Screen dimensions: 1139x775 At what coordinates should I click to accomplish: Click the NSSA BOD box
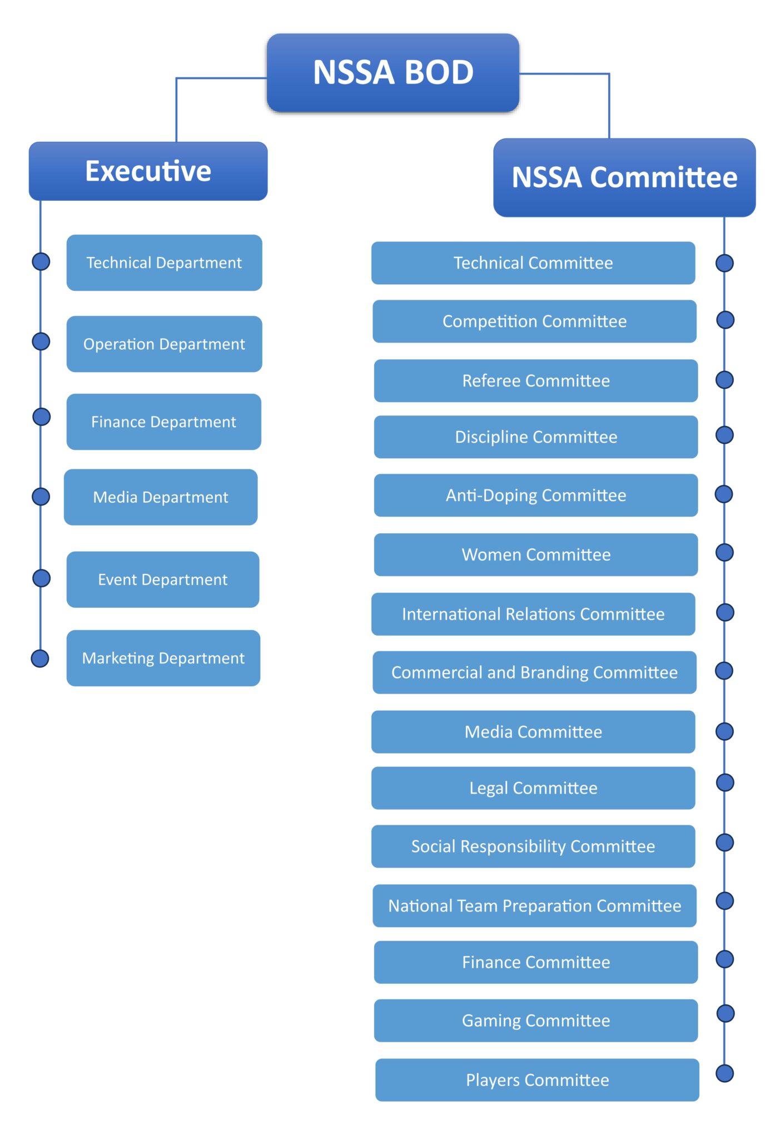[393, 73]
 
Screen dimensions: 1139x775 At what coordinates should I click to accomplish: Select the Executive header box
[148, 171]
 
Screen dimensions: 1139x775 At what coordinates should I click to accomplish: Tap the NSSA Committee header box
[624, 177]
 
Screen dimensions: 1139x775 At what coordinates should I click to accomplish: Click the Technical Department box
[164, 263]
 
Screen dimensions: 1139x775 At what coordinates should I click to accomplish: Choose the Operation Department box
[164, 344]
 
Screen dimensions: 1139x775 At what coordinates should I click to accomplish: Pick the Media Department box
[161, 497]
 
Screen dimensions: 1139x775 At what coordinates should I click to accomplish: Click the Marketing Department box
[163, 658]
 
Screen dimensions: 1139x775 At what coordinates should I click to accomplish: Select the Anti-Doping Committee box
[535, 495]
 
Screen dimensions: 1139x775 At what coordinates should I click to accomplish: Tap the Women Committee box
[535, 554]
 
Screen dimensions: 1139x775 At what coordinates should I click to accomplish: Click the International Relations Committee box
[533, 614]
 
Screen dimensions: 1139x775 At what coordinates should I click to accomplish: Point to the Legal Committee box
[533, 788]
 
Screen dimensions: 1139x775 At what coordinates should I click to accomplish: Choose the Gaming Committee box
[535, 1021]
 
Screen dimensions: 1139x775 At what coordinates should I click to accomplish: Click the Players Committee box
[536, 1080]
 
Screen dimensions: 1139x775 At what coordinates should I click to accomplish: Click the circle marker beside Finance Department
[41, 417]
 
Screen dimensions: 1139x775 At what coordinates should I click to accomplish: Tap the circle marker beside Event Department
[41, 578]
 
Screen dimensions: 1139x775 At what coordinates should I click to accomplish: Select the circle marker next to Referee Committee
[724, 380]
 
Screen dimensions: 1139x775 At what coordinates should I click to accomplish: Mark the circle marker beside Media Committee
[724, 731]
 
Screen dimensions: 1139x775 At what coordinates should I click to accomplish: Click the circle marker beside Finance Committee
[724, 959]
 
